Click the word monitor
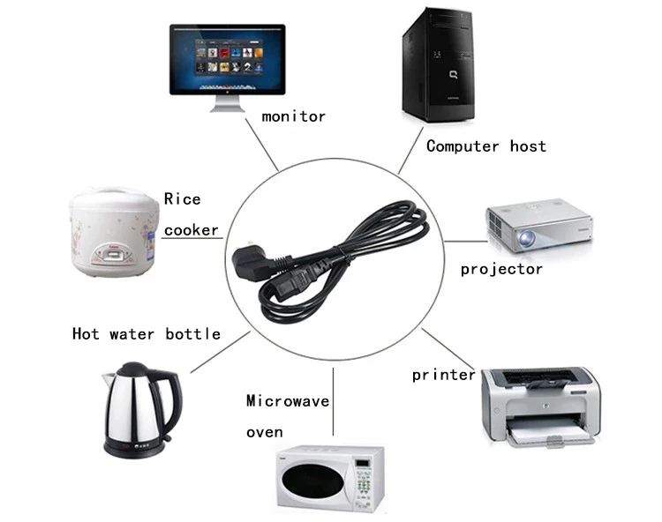pyautogui.click(x=294, y=116)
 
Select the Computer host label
pyautogui.click(x=485, y=146)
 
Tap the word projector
pyautogui.click(x=501, y=269)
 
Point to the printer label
pyautogui.click(x=443, y=376)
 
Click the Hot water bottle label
pyautogui.click(x=147, y=334)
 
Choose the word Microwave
pyautogui.click(x=288, y=401)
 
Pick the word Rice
pyautogui.click(x=183, y=199)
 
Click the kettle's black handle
pyautogui.click(x=168, y=401)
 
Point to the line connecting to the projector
pyautogui.click(x=464, y=241)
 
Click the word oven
pyautogui.click(x=265, y=432)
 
